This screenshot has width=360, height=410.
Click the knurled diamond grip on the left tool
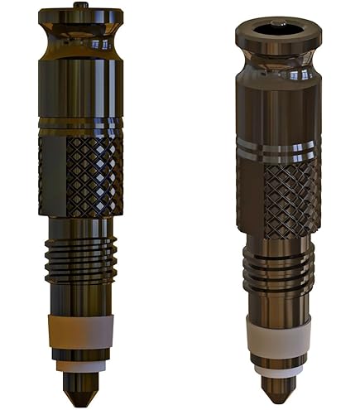[94, 175]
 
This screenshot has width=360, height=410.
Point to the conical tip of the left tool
[79, 385]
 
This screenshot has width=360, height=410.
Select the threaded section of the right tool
[278, 269]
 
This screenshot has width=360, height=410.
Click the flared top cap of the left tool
[80, 18]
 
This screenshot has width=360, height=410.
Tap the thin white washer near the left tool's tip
[80, 365]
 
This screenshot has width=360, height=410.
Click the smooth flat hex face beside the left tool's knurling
[51, 176]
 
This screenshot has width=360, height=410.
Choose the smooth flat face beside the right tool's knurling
[249, 195]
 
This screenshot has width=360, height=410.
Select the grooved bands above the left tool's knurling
[80, 126]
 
